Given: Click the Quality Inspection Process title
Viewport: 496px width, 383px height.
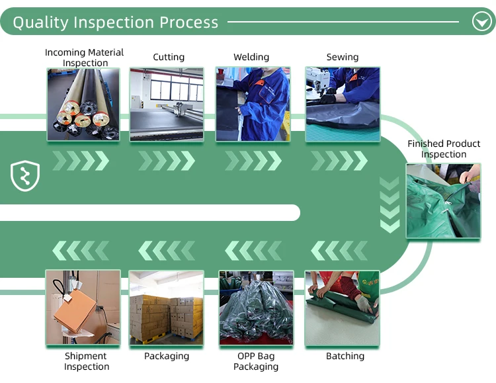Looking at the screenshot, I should tap(115, 22).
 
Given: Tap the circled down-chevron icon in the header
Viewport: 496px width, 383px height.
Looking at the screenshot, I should tap(481, 22).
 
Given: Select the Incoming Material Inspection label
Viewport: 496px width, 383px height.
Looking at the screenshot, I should tap(84, 58).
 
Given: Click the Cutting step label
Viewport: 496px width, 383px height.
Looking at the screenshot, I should tap(169, 57).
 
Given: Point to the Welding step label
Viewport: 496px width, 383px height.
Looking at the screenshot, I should tap(251, 57).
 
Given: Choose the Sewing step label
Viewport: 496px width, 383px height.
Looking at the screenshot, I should tap(342, 57).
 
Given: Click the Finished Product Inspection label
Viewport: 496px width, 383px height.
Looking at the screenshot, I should tap(444, 149).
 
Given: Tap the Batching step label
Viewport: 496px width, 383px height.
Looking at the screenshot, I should tap(345, 356).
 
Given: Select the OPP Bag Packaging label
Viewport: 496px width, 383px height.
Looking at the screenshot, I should tap(256, 361).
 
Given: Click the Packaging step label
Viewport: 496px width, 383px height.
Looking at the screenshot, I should tap(167, 356).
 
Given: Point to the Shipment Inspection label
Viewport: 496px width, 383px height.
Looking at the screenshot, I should tap(87, 361).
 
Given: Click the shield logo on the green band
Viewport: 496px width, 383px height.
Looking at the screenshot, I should tap(25, 176).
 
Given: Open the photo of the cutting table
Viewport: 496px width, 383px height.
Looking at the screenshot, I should tap(167, 104).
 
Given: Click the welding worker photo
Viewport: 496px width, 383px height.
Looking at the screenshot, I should tap(253, 104).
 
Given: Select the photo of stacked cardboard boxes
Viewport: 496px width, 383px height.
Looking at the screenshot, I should tap(167, 308).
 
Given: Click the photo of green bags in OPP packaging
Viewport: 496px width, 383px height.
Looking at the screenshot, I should tap(256, 308).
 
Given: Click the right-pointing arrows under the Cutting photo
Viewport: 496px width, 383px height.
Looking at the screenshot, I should tap(167, 161).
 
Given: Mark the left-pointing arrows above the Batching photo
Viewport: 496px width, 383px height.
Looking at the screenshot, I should tap(339, 251).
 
